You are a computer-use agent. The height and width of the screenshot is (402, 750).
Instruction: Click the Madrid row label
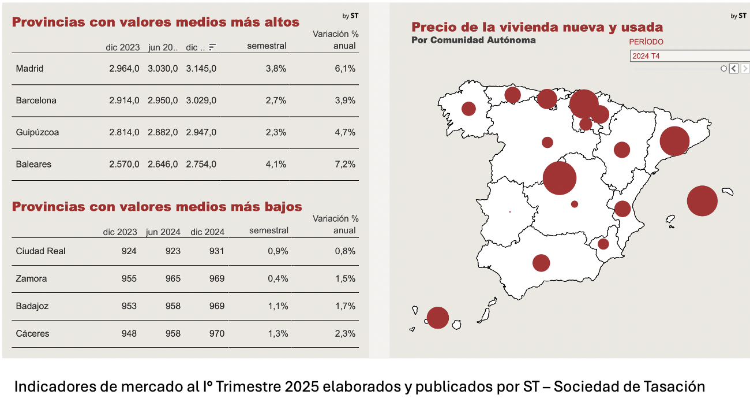tap(29, 69)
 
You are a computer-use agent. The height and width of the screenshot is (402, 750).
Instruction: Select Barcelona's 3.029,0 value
tap(201, 100)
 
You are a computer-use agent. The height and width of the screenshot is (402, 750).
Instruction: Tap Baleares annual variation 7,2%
tap(345, 164)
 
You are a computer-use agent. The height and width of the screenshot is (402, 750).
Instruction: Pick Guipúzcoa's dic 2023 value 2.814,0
tap(124, 132)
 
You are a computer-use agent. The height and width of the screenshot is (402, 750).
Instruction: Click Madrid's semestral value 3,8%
tap(276, 69)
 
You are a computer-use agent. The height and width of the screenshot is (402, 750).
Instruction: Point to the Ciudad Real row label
tap(41, 251)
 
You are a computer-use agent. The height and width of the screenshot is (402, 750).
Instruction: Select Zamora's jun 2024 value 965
tap(172, 279)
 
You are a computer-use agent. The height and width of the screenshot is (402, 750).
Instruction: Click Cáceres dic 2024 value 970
tap(217, 334)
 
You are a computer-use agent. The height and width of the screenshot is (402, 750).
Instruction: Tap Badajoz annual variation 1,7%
tap(345, 306)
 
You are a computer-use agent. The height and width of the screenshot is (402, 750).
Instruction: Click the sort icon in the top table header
tap(213, 47)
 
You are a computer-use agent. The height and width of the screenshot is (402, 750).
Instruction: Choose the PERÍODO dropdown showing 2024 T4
tap(689, 56)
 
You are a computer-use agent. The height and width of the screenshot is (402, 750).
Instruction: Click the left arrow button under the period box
tap(733, 69)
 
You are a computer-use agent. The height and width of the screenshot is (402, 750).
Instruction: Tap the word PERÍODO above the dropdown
tap(646, 42)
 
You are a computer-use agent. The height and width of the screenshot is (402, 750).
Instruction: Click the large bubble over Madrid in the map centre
tap(560, 178)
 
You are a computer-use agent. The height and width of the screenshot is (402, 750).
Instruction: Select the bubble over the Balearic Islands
tap(702, 201)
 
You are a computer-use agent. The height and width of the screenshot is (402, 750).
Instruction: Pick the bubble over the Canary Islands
tap(438, 318)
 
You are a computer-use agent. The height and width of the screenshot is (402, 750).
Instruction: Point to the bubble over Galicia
tap(468, 109)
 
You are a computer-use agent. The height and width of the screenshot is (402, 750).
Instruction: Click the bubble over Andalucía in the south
tap(541, 263)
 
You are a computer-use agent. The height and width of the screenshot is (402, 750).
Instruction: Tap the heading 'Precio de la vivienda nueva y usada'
tap(537, 27)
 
